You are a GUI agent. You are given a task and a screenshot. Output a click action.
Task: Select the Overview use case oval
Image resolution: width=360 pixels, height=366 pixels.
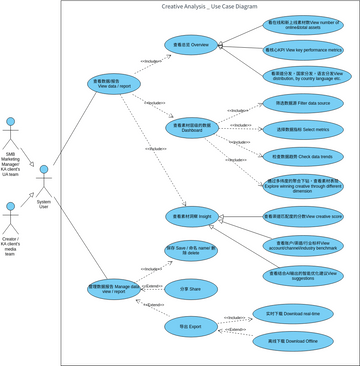click(192, 44)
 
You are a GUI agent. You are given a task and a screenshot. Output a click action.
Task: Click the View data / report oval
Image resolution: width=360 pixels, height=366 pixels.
click(114, 83)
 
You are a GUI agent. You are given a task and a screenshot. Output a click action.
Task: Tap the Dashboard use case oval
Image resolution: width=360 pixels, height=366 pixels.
click(192, 127)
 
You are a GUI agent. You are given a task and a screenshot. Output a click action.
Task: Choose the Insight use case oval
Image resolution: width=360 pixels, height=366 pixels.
click(192, 216)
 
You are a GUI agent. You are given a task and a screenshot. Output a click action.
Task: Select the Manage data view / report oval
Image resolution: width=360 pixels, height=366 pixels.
click(114, 288)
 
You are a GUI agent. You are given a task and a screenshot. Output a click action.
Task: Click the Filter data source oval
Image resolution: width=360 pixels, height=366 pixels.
click(303, 103)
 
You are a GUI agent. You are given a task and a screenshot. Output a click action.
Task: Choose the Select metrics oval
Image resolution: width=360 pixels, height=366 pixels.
click(303, 130)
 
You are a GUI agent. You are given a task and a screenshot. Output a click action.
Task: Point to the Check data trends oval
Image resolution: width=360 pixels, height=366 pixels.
click(303, 157)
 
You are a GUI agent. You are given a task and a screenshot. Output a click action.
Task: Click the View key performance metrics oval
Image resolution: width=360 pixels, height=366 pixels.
click(303, 50)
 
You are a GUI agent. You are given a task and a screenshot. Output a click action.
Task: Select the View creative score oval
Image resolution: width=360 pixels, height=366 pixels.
click(303, 216)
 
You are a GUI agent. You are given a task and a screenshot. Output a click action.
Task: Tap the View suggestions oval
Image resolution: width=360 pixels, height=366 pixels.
click(303, 276)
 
